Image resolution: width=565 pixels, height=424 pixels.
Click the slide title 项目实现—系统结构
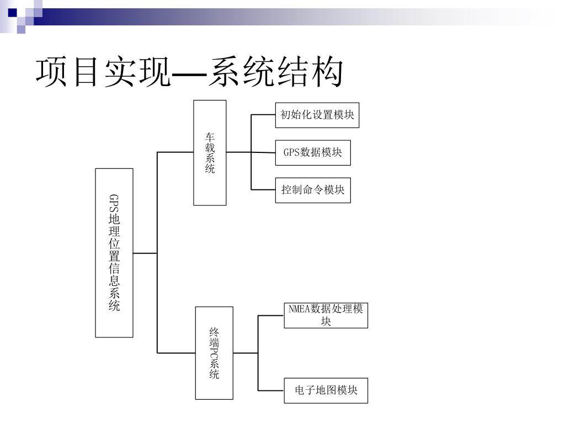pos(189,73)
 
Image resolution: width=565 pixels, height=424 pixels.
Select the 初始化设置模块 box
pos(317,115)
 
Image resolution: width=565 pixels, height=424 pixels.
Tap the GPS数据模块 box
pos(313,152)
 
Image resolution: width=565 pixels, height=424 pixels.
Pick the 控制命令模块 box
pos(313,190)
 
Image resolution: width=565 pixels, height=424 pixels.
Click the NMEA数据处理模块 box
pos(326,315)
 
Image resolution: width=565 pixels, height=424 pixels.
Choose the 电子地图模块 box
pos(326,390)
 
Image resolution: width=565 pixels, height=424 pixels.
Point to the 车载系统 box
pos(210,152)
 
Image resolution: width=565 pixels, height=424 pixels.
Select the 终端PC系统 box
pos(214,353)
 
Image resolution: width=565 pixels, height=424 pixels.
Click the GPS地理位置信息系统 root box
pos(114,253)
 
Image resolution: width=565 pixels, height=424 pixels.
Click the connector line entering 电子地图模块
pos(271,390)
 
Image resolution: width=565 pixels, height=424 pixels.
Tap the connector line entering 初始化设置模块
pos(263,115)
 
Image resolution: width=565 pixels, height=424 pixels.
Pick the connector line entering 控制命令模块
pos(263,190)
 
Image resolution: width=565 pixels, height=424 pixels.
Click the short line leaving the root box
pos(145,253)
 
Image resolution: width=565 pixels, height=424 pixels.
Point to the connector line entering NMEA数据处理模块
pos(271,316)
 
